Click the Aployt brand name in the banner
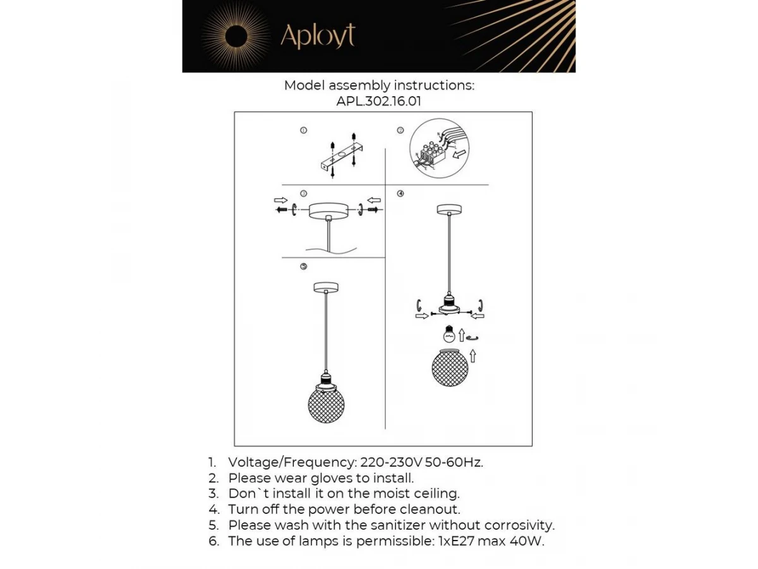pos(318,36)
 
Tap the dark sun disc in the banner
pos(236,37)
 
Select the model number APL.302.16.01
pos(379,101)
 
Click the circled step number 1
pos(304,130)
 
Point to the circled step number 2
pos(400,130)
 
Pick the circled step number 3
pos(304,193)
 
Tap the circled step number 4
pos(400,193)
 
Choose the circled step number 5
pos(304,266)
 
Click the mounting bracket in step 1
pos(342,157)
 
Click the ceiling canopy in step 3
pos(328,211)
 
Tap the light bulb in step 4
pos(449,334)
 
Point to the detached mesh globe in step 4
pos(450,367)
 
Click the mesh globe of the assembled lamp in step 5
pos(326,405)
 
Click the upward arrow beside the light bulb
pos(462,335)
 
